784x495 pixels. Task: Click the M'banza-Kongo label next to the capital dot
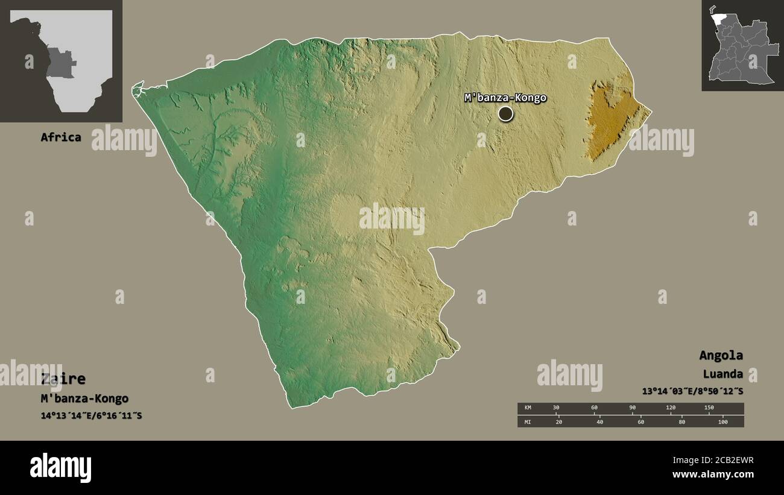pos(505,98)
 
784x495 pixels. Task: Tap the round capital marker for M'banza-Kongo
pos(505,113)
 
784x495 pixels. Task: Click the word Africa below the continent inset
pos(60,137)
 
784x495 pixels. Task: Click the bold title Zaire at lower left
pos(63,379)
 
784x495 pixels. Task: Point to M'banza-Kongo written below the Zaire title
pos(84,399)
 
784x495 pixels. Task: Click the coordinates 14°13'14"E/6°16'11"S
pos(91,415)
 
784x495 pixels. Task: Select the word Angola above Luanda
pos(721,355)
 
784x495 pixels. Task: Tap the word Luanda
pos(722,374)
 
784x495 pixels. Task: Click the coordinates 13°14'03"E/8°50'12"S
pos(692,391)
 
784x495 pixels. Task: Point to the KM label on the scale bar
pos(528,408)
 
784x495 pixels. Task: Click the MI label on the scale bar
pos(528,422)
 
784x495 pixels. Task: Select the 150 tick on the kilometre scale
pos(709,408)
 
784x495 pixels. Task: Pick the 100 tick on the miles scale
pos(722,422)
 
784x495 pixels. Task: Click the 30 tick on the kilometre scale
pos(556,408)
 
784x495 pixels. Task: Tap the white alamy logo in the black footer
pos(60,468)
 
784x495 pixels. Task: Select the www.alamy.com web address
pos(713,475)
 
